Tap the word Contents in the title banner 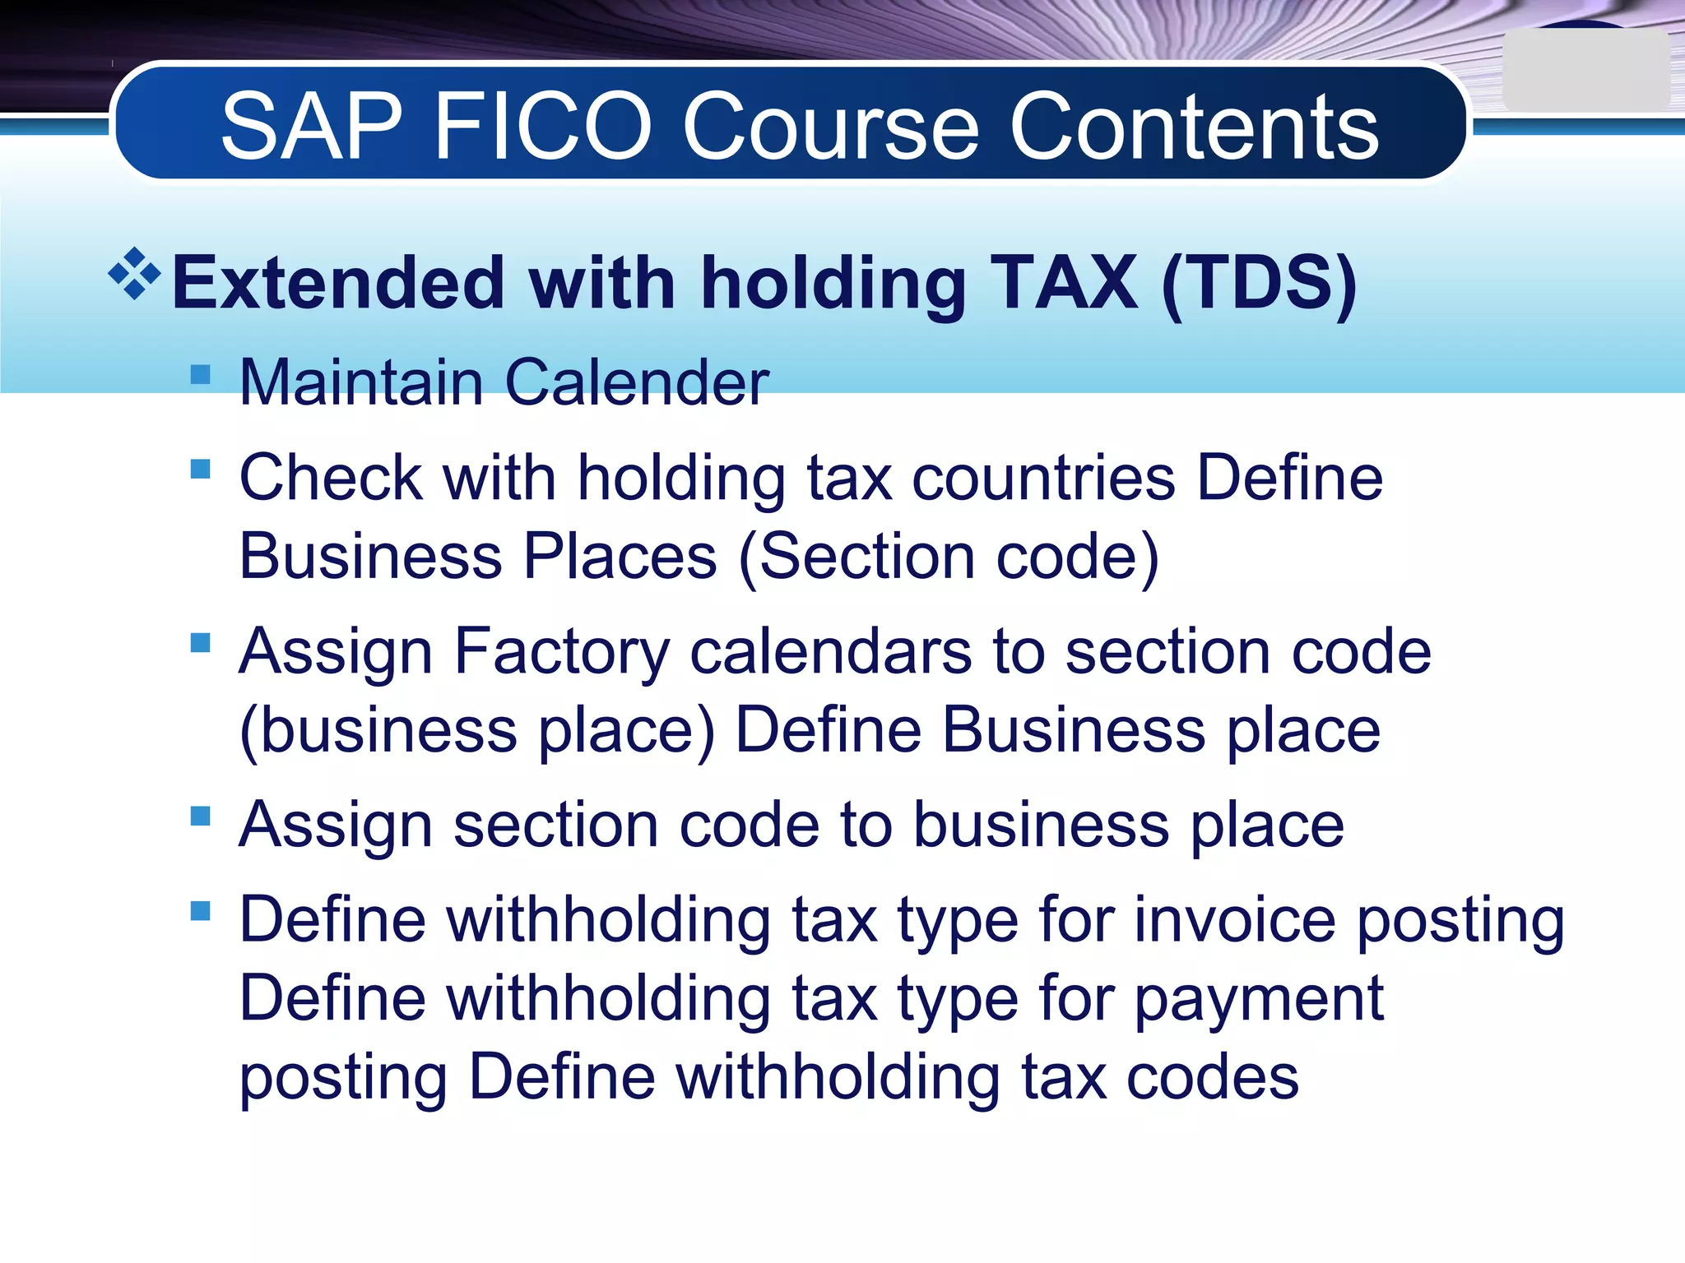(x=1193, y=127)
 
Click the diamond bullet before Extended (x=134, y=273)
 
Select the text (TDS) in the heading (x=1259, y=284)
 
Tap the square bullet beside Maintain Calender (x=200, y=375)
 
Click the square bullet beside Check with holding (x=200, y=469)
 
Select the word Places (x=620, y=557)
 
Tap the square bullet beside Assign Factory (x=200, y=642)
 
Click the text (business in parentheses (x=378, y=730)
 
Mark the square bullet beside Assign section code (x=200, y=816)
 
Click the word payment (x=1259, y=1000)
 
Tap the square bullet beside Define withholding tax (x=200, y=910)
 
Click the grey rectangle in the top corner (x=1585, y=71)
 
